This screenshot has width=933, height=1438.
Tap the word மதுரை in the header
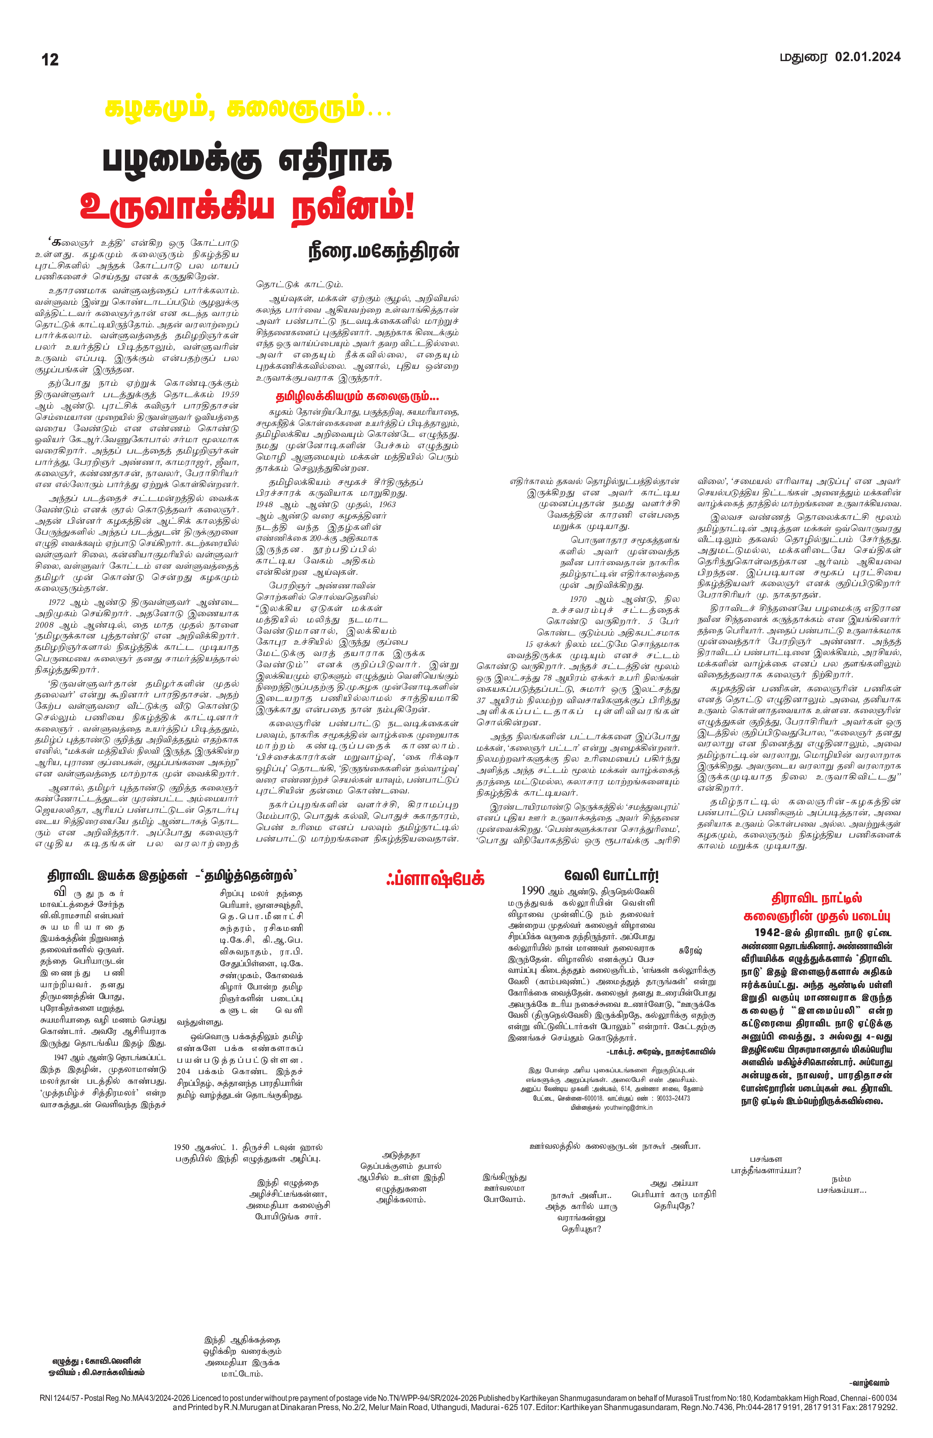803,58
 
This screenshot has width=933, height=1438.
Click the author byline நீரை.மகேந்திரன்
384,251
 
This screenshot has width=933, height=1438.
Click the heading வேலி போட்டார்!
612,875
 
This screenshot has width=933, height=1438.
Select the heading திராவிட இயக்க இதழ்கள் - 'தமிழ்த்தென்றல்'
173,875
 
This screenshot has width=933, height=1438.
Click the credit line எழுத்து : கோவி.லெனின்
97,1361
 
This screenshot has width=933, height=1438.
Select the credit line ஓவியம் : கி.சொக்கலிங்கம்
97,1372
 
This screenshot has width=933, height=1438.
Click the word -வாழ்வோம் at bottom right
868,1383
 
